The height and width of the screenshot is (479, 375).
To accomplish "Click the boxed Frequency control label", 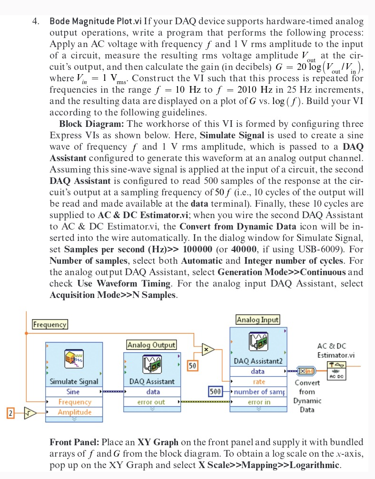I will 49,325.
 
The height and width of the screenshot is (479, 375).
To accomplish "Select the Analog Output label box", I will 151,345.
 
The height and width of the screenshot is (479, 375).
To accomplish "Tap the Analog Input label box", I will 257,320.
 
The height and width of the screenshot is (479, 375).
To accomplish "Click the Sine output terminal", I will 73,392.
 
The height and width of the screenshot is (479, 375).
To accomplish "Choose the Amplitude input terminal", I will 74,412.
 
